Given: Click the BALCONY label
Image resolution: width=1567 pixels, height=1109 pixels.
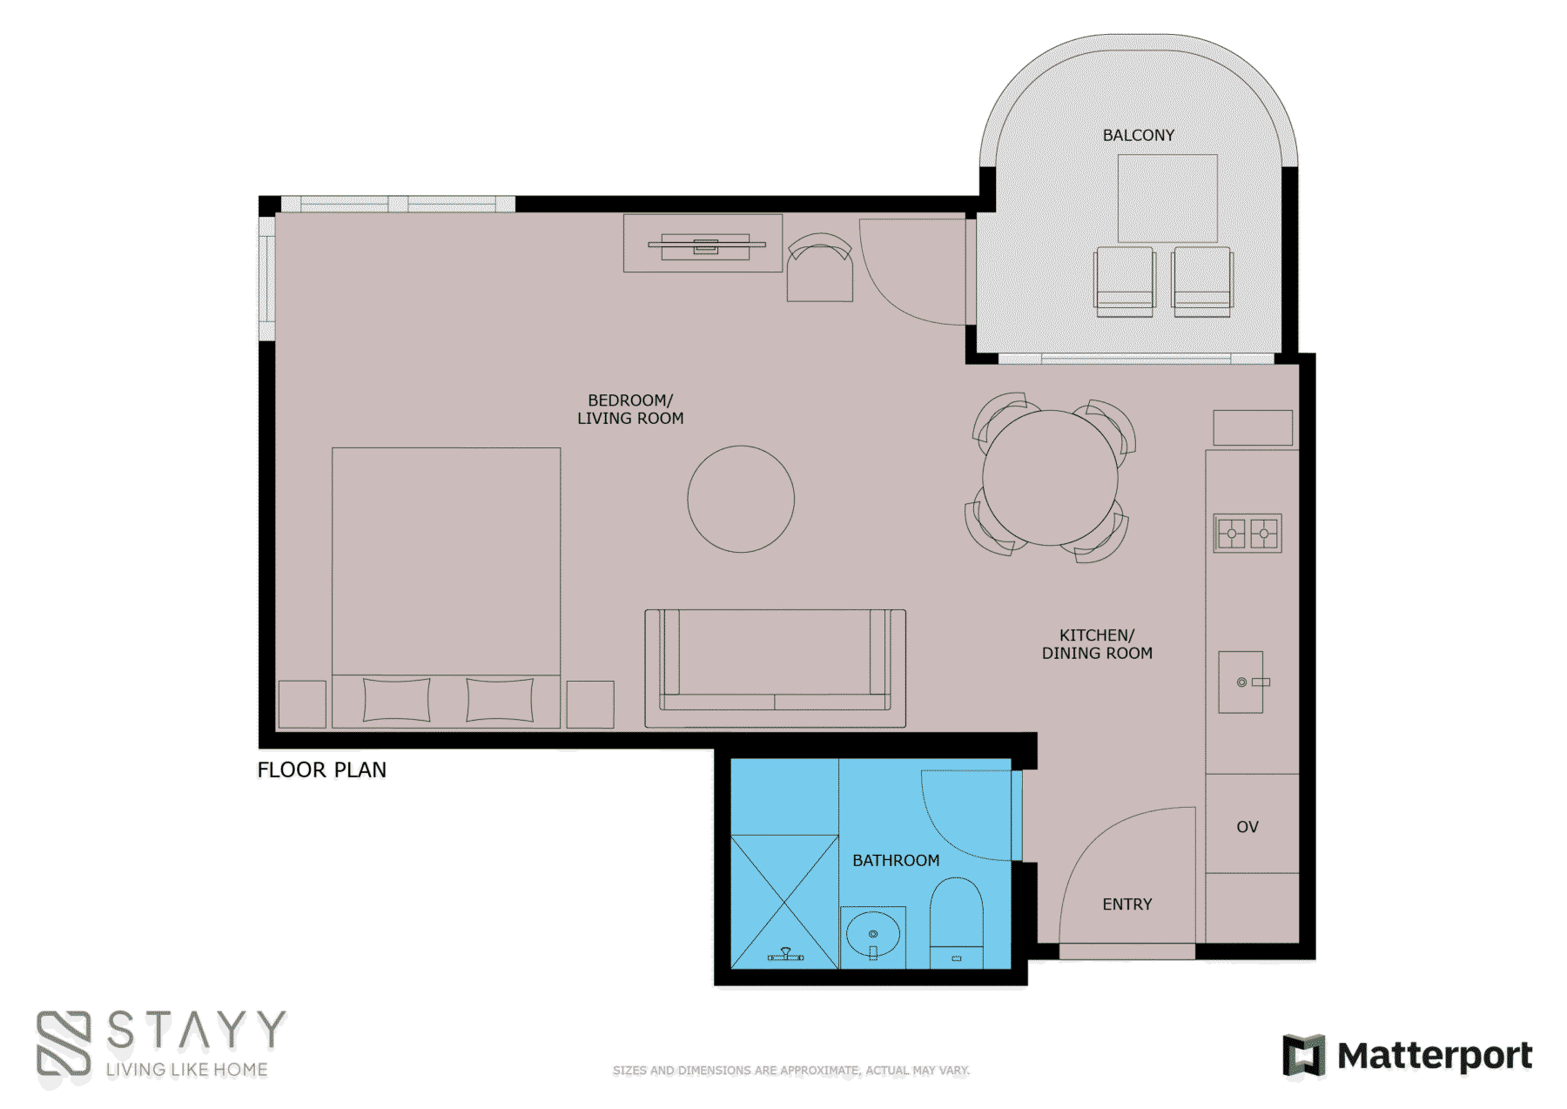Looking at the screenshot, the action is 1138,135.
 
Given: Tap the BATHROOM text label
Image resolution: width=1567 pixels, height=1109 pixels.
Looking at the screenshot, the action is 896,860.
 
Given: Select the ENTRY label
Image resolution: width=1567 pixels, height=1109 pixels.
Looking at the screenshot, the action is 1126,904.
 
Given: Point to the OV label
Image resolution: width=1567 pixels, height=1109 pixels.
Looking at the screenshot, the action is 1247,827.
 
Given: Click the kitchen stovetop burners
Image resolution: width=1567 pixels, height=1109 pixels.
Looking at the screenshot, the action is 1248,533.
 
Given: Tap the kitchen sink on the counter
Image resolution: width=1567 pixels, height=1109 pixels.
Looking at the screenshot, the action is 1241,682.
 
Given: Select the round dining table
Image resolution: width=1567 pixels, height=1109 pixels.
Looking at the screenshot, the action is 1050,478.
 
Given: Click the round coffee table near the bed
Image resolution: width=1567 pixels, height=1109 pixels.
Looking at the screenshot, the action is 741,499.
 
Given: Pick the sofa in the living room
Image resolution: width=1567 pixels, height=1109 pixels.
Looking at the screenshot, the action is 775,669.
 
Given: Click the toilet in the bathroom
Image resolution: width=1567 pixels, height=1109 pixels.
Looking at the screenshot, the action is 956,923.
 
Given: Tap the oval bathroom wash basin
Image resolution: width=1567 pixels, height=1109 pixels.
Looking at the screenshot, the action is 872,934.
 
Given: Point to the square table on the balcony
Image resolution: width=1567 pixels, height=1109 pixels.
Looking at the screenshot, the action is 1167,198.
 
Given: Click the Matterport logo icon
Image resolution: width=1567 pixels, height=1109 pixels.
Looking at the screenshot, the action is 1303,1055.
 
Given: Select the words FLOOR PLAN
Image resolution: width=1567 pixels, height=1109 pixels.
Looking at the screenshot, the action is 321,770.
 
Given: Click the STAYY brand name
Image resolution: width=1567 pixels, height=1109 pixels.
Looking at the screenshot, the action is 196,1030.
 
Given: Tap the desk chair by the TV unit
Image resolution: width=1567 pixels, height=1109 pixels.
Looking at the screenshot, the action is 819,267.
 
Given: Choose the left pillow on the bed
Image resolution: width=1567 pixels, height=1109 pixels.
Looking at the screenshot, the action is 396,700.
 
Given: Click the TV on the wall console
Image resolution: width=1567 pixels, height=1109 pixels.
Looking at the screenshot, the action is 706,245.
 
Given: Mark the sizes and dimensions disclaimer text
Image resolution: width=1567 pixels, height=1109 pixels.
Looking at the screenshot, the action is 790,1071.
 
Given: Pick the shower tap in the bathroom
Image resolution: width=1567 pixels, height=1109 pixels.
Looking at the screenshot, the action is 785,955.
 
